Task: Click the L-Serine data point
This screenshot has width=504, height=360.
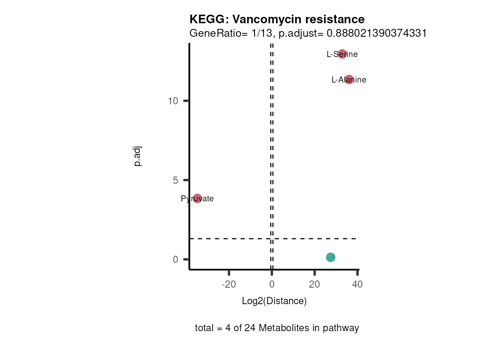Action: pos(342,54)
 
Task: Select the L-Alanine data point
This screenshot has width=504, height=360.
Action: pos(349,79)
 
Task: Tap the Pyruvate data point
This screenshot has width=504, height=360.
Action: pos(197,198)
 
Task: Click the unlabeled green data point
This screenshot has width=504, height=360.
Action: pos(330,257)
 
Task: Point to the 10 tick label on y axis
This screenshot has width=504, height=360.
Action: pos(173,101)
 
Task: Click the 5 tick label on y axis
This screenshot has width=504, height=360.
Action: pos(175,180)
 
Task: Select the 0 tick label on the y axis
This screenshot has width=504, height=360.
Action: pos(175,259)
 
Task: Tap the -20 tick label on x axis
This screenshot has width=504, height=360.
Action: pos(229,284)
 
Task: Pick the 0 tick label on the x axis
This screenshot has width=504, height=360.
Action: pos(272,284)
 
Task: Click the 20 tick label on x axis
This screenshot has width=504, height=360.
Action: pos(315,284)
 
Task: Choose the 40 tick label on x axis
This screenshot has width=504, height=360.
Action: pos(357,284)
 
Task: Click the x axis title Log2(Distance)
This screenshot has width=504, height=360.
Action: pos(274,301)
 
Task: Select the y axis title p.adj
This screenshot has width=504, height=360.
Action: pos(137,156)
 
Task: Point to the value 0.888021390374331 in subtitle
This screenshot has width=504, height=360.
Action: pos(376,33)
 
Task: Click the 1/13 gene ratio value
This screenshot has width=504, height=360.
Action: pos(262,33)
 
